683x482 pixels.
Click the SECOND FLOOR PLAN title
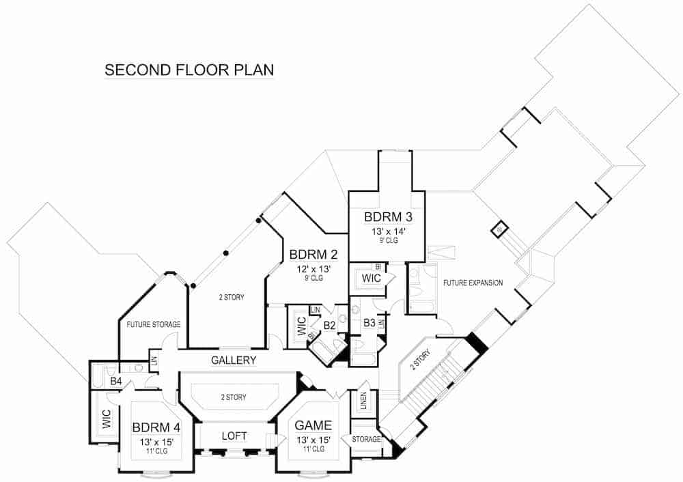click(x=189, y=70)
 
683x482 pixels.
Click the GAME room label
click(x=313, y=425)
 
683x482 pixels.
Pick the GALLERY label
click(x=233, y=360)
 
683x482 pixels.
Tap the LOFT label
click(x=234, y=436)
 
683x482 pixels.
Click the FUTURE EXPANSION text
click(x=473, y=283)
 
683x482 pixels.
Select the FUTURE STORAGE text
click(x=153, y=324)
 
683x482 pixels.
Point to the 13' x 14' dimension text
click(x=387, y=232)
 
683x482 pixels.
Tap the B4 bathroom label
click(x=115, y=381)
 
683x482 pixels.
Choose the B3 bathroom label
click(x=369, y=322)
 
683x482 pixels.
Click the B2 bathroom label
click(x=329, y=325)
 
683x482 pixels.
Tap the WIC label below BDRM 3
click(x=371, y=279)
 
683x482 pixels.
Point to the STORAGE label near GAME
click(x=366, y=439)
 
